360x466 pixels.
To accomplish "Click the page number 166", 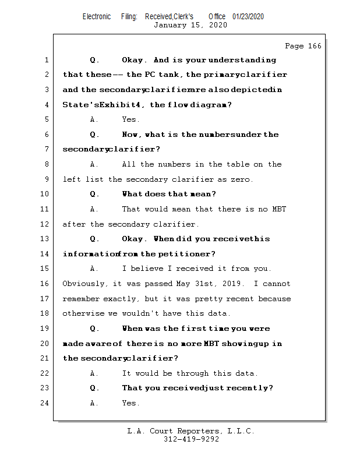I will click(314, 46).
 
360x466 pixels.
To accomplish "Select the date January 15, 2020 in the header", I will click(190, 25).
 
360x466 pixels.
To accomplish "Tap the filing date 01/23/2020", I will click(248, 16).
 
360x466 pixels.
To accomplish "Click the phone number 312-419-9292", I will click(191, 440).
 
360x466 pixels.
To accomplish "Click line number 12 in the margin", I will click(45, 224).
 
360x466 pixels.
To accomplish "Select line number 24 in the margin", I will click(45, 403).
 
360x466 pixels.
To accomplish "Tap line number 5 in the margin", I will click(45, 119).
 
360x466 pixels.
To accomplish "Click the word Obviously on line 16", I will click(85, 284).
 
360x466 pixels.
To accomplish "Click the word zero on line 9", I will click(242, 179).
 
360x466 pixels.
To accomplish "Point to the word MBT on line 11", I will click(278, 209).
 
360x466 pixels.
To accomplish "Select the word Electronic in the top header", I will click(97, 16).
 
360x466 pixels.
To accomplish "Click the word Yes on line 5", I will click(130, 119).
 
